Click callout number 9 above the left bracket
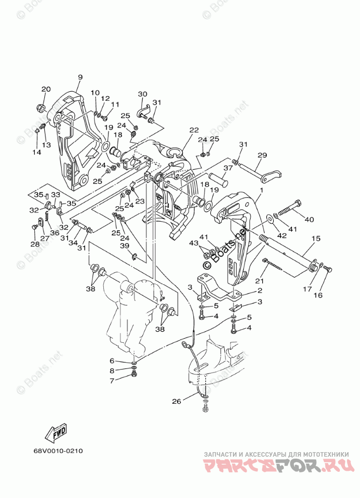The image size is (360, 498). click(80, 77)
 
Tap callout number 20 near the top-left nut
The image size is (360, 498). click(46, 90)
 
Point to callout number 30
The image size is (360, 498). click(143, 94)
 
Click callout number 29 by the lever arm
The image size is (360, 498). click(262, 155)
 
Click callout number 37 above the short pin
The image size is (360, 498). click(228, 168)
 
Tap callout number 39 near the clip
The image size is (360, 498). click(124, 245)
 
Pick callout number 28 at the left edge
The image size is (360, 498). click(34, 244)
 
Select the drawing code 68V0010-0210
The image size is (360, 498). click(58, 451)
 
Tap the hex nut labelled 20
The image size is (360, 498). click(40, 108)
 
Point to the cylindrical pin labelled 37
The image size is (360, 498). click(217, 178)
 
